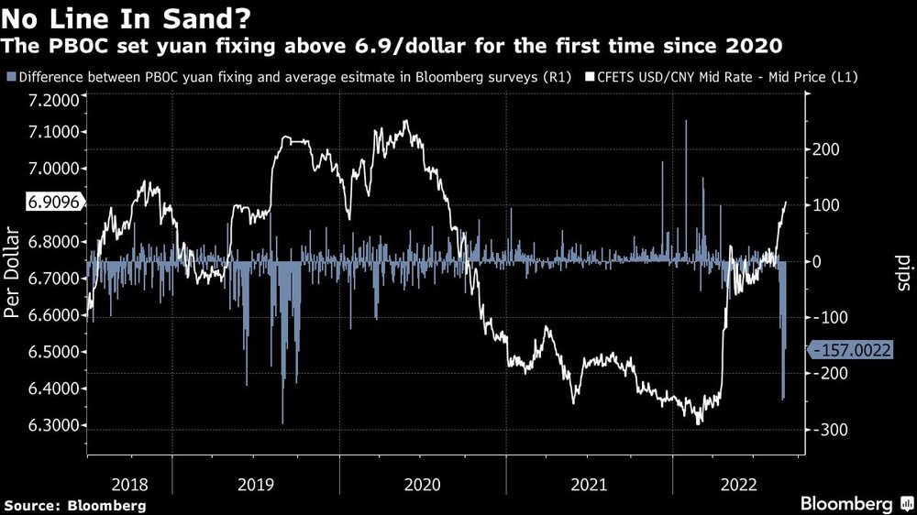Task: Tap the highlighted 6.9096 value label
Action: pos(39,203)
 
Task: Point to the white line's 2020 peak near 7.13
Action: pos(405,121)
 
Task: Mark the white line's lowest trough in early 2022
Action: pos(699,422)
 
